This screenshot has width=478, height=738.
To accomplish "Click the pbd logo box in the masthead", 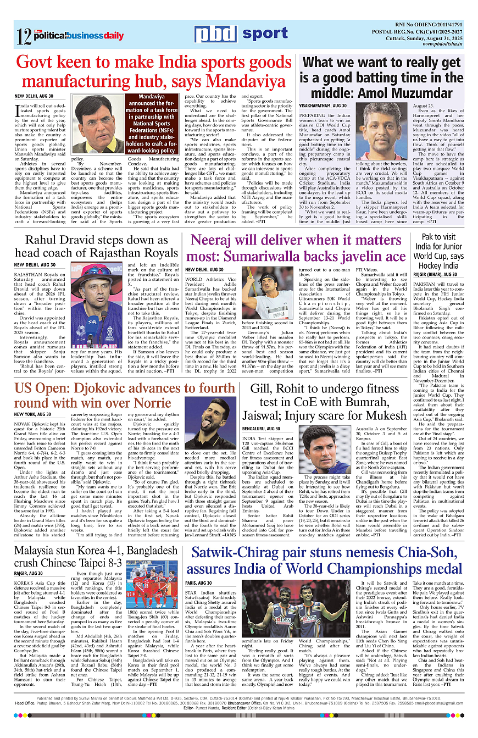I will (215, 34).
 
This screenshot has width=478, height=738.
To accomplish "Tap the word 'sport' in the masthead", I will (264, 34).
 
